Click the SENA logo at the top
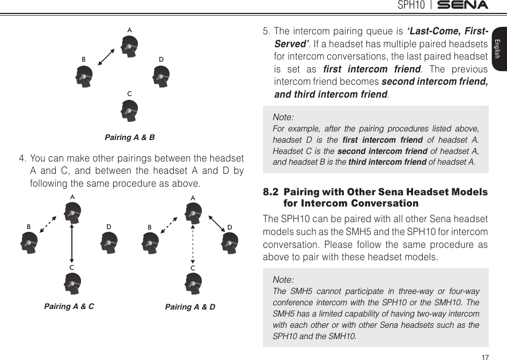[462, 5]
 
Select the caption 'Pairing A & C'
[69, 307]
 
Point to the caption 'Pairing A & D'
[190, 307]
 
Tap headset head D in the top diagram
[161, 76]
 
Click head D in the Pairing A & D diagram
[230, 245]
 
